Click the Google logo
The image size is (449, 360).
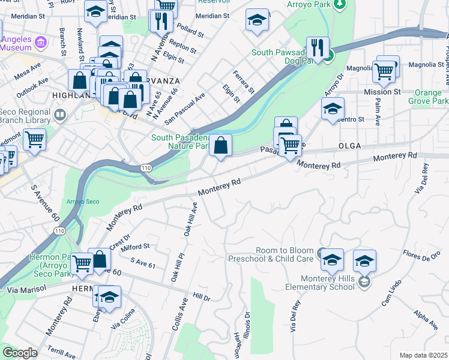click(20, 353)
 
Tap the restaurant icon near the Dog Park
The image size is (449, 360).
click(318, 47)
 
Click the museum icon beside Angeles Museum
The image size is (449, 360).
click(40, 42)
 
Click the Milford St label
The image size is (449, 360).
click(135, 247)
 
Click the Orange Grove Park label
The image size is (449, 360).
click(431, 97)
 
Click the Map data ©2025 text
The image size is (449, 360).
click(423, 355)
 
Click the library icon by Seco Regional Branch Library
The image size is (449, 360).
click(60, 114)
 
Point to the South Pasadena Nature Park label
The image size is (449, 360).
click(179, 142)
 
